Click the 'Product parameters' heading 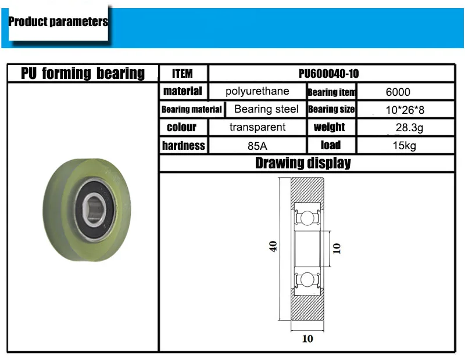(x=58, y=22)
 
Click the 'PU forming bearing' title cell (x=83, y=73)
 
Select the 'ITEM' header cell (x=183, y=74)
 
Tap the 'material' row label (x=183, y=91)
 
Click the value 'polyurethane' (x=257, y=91)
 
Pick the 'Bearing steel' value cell (x=266, y=109)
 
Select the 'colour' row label (x=181, y=127)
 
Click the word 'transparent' (x=257, y=127)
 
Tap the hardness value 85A (x=257, y=146)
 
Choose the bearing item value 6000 (x=398, y=92)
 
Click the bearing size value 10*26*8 (x=404, y=110)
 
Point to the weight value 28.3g (x=405, y=128)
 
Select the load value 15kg (x=405, y=146)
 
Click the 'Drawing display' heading (x=303, y=163)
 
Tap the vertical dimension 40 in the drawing (x=273, y=246)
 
